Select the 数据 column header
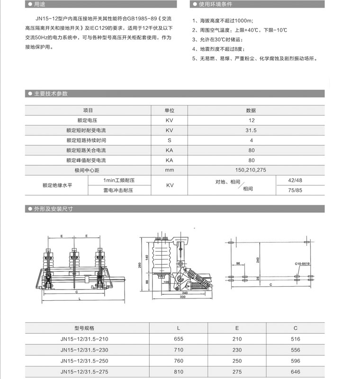pyautogui.click(x=251, y=110)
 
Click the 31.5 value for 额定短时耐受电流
pyautogui.click(x=251, y=130)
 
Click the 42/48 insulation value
pyautogui.click(x=295, y=180)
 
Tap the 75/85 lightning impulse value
pyautogui.click(x=295, y=190)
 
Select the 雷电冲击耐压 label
pyautogui.click(x=119, y=190)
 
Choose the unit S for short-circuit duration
pyautogui.click(x=170, y=140)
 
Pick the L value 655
pyautogui.click(x=179, y=339)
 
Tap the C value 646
pyautogui.click(x=296, y=372)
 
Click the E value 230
pyautogui.click(x=237, y=351)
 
